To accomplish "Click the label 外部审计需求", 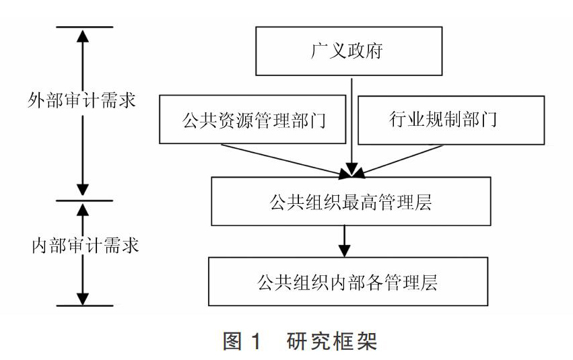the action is pyautogui.click(x=81, y=100).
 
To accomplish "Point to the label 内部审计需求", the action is pyautogui.click(x=85, y=245).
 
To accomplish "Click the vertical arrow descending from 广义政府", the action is pyautogui.click(x=351, y=127).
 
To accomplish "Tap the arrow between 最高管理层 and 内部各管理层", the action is pyautogui.click(x=344, y=242).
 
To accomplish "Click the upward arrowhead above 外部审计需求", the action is pyautogui.click(x=83, y=36).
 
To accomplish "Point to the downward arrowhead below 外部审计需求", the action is pyautogui.click(x=83, y=190).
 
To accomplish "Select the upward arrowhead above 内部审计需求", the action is pyautogui.click(x=83, y=210).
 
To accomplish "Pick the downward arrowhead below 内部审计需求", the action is pyautogui.click(x=83, y=298).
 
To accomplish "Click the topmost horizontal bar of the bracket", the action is pyautogui.click(x=85, y=27).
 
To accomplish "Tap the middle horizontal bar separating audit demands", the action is pyautogui.click(x=85, y=201).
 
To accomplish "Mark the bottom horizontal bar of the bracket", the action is pyautogui.click(x=85, y=305).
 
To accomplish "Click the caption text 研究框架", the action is pyautogui.click(x=331, y=341).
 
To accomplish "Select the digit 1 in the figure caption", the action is pyautogui.click(x=257, y=341).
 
